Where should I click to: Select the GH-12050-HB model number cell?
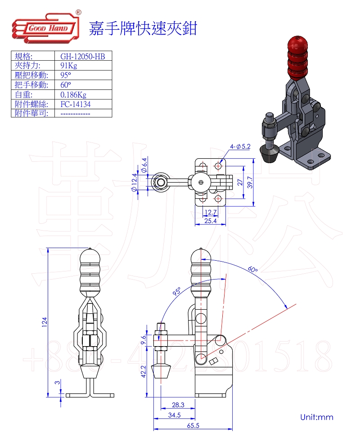pyautogui.click(x=82, y=56)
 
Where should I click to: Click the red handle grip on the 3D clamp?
pyautogui.click(x=296, y=56)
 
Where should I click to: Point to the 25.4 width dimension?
pyautogui.click(x=210, y=221)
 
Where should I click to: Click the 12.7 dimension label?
pyautogui.click(x=210, y=212)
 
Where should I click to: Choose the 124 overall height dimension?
pyautogui.click(x=45, y=322)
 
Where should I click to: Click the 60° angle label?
pyautogui.click(x=253, y=270)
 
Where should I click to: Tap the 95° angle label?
pyautogui.click(x=176, y=292)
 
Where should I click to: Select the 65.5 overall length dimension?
pyautogui.click(x=194, y=425)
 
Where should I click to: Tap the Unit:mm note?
pyautogui.click(x=317, y=417)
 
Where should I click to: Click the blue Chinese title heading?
pyautogui.click(x=143, y=28)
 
